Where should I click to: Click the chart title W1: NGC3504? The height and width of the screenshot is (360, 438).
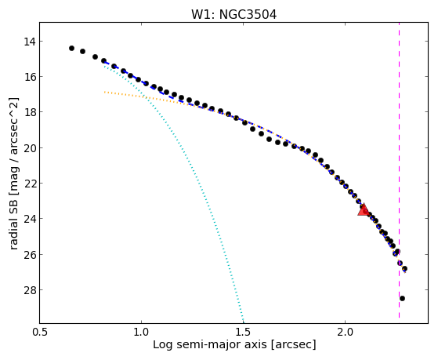233,15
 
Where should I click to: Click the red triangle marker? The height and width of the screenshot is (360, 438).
364,209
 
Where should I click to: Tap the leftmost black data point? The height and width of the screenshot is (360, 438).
71,49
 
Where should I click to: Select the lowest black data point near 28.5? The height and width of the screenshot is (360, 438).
402,299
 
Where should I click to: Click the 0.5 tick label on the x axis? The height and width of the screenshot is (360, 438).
39,332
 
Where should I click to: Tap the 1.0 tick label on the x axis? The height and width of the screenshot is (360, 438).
141,332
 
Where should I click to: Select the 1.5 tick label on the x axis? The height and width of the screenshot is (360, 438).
244,332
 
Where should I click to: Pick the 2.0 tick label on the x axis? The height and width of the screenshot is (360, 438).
346,332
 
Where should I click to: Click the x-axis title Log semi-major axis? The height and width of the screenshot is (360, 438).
209,344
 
